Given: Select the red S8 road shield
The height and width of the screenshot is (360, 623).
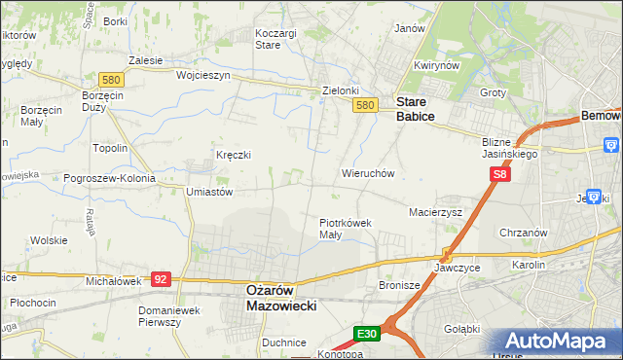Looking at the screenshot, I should coord(499,174).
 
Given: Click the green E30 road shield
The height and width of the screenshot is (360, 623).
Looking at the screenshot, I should coord(366,334).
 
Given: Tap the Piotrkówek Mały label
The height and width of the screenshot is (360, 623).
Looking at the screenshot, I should coord(346,228).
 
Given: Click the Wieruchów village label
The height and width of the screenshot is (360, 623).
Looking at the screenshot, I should coord(367,173).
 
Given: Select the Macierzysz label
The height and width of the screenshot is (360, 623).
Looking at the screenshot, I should coord(435,211).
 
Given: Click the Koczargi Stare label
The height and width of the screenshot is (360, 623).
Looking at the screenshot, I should coord(275,38).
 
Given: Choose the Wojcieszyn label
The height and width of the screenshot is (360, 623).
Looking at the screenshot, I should coord(202,75).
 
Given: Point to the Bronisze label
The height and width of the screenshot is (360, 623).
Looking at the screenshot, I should coord(398,286).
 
